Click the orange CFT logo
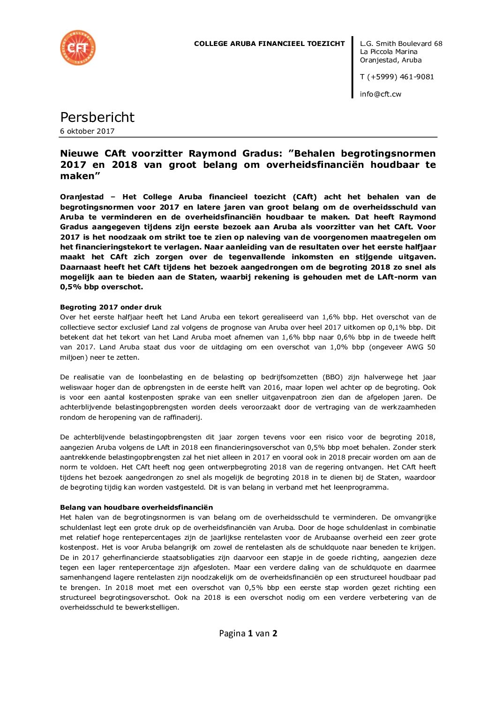[78, 48]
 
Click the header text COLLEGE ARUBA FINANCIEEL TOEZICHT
[269, 44]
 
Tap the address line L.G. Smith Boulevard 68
[401, 44]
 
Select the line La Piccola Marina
[388, 52]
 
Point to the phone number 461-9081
[417, 77]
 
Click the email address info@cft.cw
[380, 94]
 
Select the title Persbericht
[97, 117]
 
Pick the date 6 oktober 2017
[87, 131]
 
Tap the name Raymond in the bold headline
[212, 154]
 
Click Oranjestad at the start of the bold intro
[82, 197]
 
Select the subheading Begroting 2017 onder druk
[111, 308]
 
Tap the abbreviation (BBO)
[332, 377]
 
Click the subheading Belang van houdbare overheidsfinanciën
[136, 507]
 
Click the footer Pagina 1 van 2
[248, 634]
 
